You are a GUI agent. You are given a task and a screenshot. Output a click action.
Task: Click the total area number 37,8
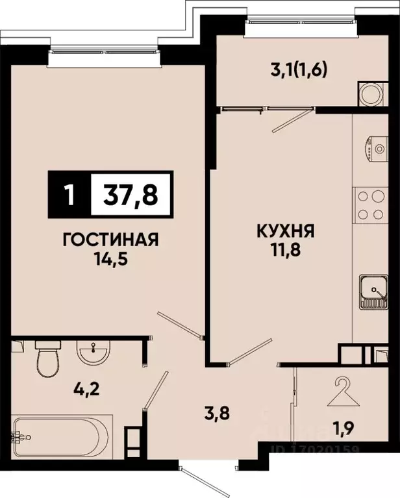131,193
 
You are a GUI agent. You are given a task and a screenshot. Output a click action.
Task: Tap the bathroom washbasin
94,353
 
